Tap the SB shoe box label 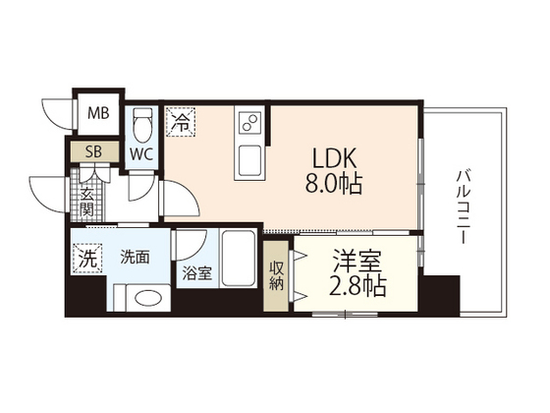pos(95,151)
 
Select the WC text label pos(140,153)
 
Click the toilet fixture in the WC pos(141,124)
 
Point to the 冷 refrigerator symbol pos(180,122)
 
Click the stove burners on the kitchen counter pos(247,125)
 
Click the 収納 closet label pos(277,275)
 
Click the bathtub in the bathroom pos(238,259)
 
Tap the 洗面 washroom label pos(135,259)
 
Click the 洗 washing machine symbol pos(87,261)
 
